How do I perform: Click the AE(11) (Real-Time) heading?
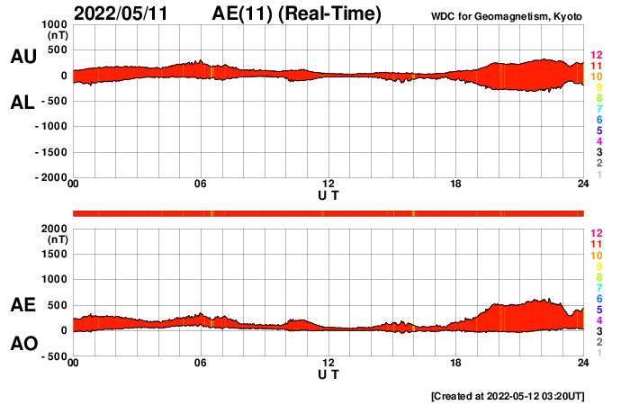click(x=298, y=14)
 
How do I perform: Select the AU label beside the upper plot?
click(x=22, y=57)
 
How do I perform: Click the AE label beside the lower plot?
click(x=22, y=306)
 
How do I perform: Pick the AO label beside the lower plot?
click(x=22, y=343)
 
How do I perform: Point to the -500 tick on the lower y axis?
click(x=52, y=356)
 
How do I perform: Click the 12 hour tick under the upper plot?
click(x=328, y=184)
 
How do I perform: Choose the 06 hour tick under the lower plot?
click(x=201, y=363)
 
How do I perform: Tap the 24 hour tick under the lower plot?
click(x=583, y=363)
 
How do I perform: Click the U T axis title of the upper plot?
click(x=328, y=195)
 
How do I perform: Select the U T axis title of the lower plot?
click(x=328, y=373)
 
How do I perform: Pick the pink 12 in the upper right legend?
click(x=596, y=56)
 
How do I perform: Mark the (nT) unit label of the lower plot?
click(x=56, y=240)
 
